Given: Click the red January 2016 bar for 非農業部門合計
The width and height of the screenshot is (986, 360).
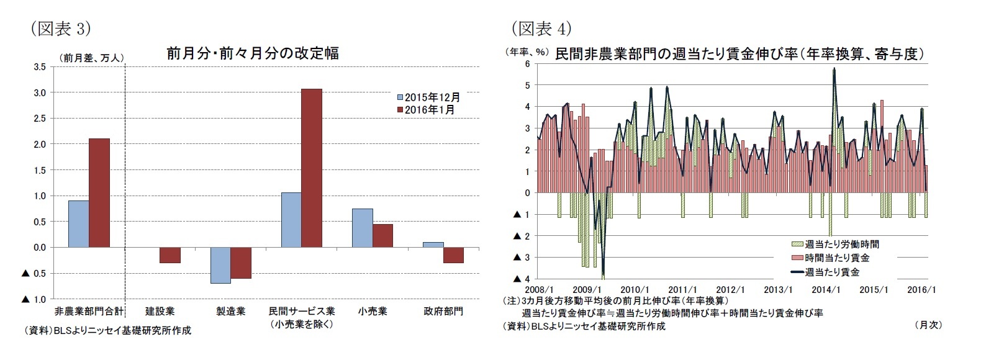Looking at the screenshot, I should (x=99, y=192).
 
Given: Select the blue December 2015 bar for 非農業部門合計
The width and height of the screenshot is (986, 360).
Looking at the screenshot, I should (x=78, y=223).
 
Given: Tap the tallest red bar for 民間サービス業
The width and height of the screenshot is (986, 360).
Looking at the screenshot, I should (x=312, y=168).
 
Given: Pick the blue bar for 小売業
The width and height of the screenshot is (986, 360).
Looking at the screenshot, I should (x=363, y=228).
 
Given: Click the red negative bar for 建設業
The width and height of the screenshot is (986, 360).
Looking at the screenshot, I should (x=170, y=255).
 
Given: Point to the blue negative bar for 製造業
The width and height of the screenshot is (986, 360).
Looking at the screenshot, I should (x=220, y=265).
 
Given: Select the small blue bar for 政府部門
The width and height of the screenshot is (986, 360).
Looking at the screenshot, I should (x=433, y=245).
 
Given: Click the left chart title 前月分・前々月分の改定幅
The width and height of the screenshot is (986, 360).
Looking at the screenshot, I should (x=253, y=53).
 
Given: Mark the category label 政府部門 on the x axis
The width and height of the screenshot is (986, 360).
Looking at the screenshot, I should (x=443, y=311).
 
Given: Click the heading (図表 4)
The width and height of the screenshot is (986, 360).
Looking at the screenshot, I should (x=540, y=28).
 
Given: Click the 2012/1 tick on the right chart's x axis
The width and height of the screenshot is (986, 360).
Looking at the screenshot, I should (x=730, y=290).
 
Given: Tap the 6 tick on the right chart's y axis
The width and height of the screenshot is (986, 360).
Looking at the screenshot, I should (x=527, y=64).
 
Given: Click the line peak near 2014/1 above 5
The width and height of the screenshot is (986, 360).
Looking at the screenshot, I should (x=834, y=70).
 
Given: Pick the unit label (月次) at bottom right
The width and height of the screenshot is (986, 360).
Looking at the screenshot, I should (x=928, y=325).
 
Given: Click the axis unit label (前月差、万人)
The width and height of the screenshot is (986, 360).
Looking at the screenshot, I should (x=91, y=58).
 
